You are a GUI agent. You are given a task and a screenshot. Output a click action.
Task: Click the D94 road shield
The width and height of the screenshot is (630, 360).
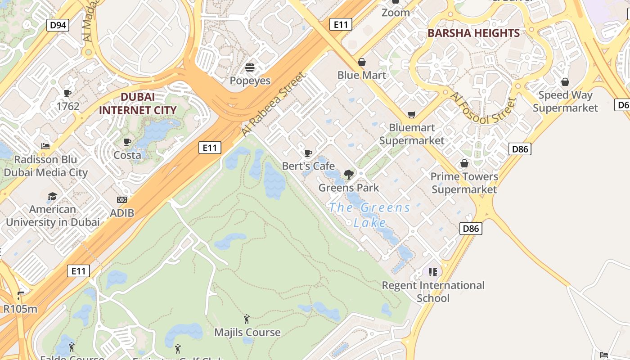pyautogui.click(x=58, y=25)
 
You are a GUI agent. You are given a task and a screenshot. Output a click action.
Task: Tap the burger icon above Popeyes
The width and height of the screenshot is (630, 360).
pyautogui.click(x=250, y=68)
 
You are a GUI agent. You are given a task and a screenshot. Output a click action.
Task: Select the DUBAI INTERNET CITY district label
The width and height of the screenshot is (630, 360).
pyautogui.click(x=138, y=103)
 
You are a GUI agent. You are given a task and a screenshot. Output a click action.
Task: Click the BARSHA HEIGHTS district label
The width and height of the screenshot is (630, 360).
pyautogui.click(x=473, y=33)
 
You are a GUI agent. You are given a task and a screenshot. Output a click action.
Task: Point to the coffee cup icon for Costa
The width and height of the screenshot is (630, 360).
pyautogui.click(x=127, y=142)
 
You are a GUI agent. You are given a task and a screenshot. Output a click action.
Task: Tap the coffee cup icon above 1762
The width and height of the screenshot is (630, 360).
pyautogui.click(x=67, y=94)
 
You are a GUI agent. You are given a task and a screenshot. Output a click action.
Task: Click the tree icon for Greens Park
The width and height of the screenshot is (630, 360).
pyautogui.click(x=348, y=175)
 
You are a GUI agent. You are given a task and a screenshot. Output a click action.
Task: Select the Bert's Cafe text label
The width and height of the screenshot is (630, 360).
pyautogui.click(x=308, y=166)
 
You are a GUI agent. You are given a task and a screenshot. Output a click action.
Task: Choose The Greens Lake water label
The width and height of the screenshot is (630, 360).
pyautogui.click(x=369, y=215)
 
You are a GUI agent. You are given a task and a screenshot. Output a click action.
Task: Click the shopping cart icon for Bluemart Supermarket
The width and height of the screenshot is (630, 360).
pyautogui.click(x=411, y=115)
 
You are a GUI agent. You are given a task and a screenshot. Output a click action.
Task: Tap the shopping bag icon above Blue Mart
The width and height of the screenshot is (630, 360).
pyautogui.click(x=362, y=62)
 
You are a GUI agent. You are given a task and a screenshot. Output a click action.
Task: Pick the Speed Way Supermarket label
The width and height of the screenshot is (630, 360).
pyautogui.click(x=565, y=101)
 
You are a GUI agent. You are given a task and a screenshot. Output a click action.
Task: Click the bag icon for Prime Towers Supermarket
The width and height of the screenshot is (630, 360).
pyautogui.click(x=464, y=163)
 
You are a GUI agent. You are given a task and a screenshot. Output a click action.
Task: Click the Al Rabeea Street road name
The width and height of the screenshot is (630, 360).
pyautogui.click(x=273, y=104)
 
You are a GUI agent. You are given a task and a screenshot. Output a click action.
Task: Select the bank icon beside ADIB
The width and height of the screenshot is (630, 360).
pyautogui.click(x=122, y=200)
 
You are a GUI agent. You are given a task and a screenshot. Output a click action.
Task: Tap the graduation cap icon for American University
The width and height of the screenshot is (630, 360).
pyautogui.click(x=53, y=197)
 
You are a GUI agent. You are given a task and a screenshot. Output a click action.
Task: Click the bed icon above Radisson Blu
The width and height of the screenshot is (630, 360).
pyautogui.click(x=45, y=146)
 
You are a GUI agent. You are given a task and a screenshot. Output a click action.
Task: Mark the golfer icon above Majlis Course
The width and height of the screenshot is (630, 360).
pyautogui.click(x=247, y=319)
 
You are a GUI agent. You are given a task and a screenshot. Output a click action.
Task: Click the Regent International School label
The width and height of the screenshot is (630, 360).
pyautogui.click(x=433, y=292)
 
